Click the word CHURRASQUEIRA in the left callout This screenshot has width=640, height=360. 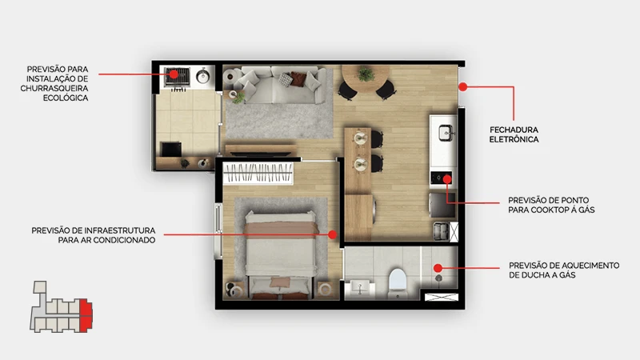coord(54,88)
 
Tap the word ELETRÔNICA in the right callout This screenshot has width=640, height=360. coord(514,139)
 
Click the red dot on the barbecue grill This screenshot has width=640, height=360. coord(174,74)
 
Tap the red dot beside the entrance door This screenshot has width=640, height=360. coord(462,86)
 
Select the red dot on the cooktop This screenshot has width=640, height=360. coord(447,178)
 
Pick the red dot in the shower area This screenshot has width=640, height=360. coord(438,268)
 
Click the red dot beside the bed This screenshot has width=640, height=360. coord(333,234)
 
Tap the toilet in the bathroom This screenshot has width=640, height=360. coord(397,282)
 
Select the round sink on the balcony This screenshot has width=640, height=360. coord(203,76)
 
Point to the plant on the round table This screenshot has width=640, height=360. coord(366,74)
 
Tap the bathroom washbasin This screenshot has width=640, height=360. coord(359,289)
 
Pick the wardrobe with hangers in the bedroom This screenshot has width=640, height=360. coord(258,173)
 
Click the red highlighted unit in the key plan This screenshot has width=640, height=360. coord(86,314)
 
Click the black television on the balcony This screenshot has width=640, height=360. coord(171,150)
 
